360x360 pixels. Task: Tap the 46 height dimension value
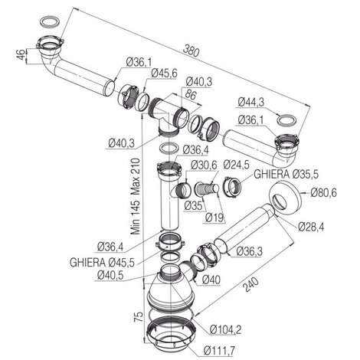click(21, 55)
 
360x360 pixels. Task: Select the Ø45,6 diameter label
click(164, 74)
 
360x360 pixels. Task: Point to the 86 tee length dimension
click(190, 95)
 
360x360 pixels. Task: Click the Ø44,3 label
click(250, 103)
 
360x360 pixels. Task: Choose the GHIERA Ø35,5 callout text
click(286, 175)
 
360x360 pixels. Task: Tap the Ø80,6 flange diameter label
click(324, 192)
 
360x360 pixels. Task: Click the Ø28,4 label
click(311, 227)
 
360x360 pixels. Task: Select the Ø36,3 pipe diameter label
click(250, 251)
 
